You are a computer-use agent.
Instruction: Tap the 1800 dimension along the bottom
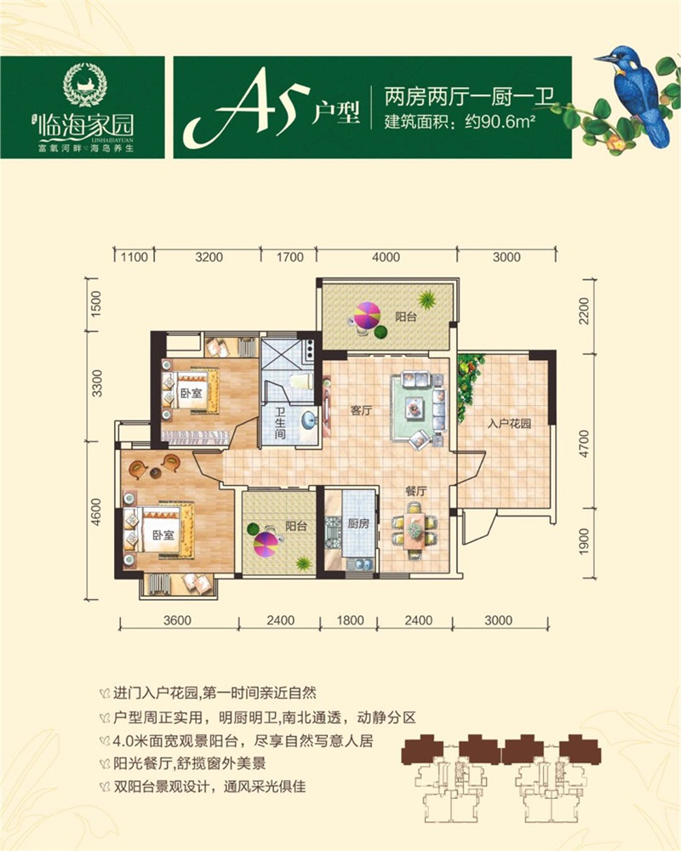(349, 619)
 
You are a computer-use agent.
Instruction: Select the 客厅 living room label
(363, 410)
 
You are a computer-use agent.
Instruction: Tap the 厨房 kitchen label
(358, 524)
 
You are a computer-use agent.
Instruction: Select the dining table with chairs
(414, 528)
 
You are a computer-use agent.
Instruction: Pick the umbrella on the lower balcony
(266, 540)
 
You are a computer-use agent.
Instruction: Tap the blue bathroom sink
(307, 420)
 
